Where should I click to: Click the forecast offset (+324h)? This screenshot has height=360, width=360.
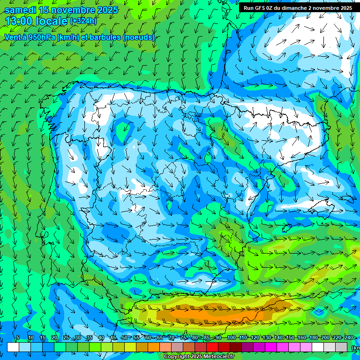coord(84,21)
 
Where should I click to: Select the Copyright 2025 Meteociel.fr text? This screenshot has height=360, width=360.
coord(199,357)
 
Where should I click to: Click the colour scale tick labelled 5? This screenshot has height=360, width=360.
coord(18,337)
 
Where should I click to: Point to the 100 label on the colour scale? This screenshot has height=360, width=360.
coord(231,337)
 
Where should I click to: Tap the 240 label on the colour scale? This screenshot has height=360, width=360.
coord(348,337)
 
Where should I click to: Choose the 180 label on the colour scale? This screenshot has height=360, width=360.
coord(313,337)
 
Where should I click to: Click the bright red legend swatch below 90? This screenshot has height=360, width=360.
coord(212,347)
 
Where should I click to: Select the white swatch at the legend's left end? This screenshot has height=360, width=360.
coord(13,347)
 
